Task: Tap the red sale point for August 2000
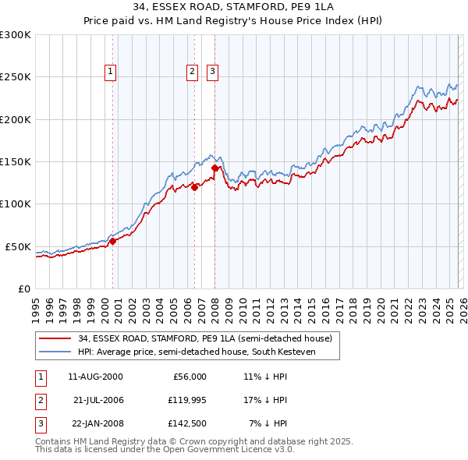(112, 241)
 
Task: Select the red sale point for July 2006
(194, 186)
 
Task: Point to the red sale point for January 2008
(215, 167)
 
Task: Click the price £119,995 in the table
(185, 400)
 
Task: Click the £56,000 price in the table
(190, 377)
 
